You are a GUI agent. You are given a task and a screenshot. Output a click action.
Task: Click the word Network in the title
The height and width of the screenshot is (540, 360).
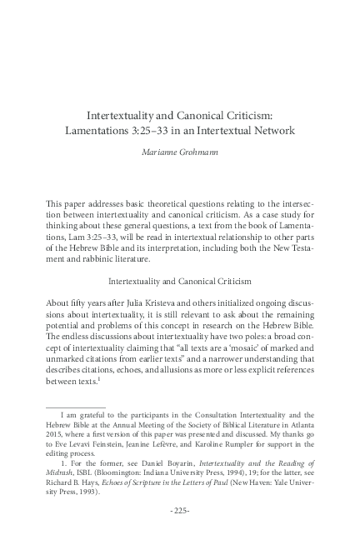click(271, 131)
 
